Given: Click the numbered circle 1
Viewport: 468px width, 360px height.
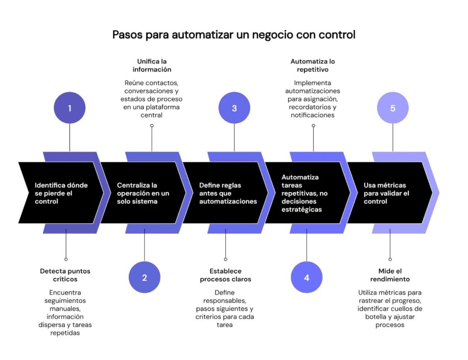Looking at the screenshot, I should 69,108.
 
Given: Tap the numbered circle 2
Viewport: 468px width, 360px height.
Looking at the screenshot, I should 144,277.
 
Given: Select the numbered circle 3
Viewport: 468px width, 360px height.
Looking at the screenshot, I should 234,108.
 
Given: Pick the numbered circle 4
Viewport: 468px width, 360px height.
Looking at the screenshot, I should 307,277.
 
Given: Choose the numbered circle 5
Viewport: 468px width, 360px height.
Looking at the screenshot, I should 393,108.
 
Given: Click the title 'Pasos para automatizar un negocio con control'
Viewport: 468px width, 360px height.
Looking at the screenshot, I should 234,35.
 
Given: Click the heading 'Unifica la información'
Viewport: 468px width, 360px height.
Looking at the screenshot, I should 152,65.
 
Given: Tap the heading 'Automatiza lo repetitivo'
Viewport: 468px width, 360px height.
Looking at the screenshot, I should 313,65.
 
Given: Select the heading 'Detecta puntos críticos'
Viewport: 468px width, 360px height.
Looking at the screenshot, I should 65,275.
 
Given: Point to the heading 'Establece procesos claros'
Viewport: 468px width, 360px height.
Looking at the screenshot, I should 225,275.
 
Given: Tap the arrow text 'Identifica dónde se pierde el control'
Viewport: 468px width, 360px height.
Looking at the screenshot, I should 61,193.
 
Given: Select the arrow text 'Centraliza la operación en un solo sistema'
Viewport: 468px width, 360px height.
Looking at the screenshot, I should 143,193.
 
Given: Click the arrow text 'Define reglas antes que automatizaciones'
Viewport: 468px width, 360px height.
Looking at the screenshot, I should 228,193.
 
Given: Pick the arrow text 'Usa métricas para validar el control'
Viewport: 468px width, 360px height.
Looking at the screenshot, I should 386,193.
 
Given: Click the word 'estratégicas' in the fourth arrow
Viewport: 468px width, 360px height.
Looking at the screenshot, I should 302,210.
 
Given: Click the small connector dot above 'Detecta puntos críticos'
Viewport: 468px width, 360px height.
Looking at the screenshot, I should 66,259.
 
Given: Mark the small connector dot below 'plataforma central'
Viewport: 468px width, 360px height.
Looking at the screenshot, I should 152,125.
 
